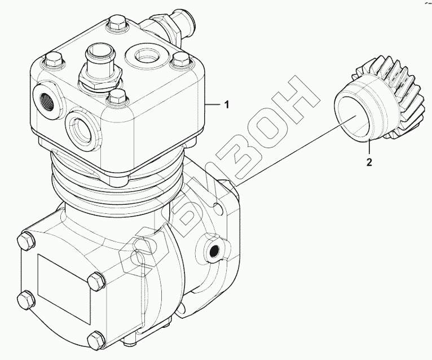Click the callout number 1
click(x=226, y=105)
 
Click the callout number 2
click(x=369, y=163)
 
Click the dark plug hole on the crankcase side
click(x=214, y=250)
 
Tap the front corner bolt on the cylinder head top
click(x=117, y=95)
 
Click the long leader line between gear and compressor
click(x=293, y=153)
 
